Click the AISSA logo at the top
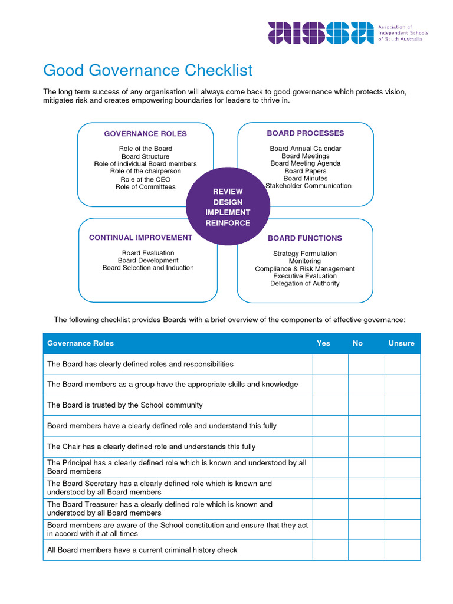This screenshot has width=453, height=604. coord(321,33)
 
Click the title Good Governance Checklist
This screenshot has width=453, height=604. coord(147,71)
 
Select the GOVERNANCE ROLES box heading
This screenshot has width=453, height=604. coord(145,134)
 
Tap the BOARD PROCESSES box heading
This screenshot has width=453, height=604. coord(305,133)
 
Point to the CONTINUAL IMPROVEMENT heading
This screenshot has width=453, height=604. coord(140,238)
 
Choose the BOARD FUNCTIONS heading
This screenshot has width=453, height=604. coord(304,238)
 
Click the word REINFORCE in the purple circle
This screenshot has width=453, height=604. coord(228,223)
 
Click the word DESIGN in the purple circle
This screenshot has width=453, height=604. coord(228,202)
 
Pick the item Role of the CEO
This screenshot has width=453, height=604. coord(145,179)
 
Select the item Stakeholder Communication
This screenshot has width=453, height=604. coord(308,186)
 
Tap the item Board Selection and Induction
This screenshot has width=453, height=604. coord(148,268)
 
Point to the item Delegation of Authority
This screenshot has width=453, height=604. coord(304,284)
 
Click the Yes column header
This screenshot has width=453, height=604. coord(323,343)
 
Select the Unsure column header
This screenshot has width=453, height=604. coord(401,343)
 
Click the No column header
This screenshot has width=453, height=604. coord(357,343)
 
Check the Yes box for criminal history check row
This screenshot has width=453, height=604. coord(330,550)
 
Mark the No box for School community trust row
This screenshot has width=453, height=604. coord(366,405)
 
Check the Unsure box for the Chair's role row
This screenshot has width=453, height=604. coord(402,447)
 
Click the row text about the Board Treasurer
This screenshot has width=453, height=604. coord(160,508)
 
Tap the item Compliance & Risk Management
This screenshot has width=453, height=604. coord(304,269)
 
